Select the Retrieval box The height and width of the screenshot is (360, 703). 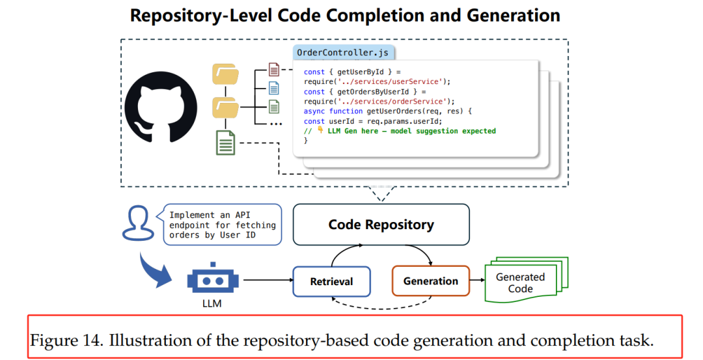tap(331, 281)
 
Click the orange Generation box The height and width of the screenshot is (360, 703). tap(430, 281)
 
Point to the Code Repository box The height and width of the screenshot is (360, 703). tap(381, 225)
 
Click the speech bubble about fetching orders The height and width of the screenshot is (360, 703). tap(223, 225)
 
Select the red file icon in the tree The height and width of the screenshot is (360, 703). tap(274, 70)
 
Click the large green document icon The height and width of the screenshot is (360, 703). tap(225, 143)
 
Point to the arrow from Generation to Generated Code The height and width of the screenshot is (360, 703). tap(477, 281)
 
